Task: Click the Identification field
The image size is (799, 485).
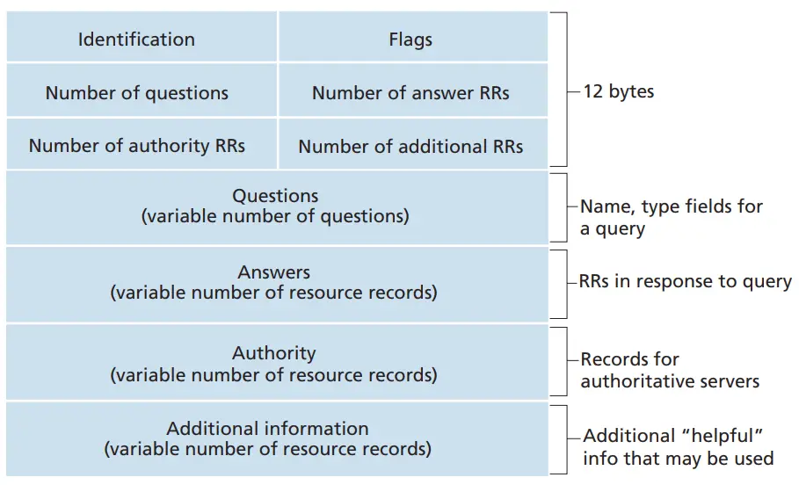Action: click(x=142, y=37)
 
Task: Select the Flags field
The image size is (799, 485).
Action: click(x=413, y=37)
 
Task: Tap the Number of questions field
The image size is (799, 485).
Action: click(x=142, y=90)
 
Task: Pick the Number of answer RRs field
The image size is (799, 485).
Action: click(x=413, y=90)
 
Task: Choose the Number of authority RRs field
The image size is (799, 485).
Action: click(x=142, y=144)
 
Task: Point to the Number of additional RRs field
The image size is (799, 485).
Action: click(x=413, y=144)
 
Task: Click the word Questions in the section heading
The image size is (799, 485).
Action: click(x=275, y=196)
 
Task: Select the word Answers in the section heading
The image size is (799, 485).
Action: click(x=274, y=272)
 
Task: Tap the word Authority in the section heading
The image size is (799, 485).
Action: click(x=274, y=353)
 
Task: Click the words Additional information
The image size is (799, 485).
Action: click(x=267, y=429)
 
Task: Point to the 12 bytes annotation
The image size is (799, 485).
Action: click(x=619, y=91)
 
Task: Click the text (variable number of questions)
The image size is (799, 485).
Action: click(x=275, y=216)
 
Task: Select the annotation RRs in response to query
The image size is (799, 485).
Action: click(x=686, y=282)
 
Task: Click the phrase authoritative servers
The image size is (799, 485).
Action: click(x=670, y=381)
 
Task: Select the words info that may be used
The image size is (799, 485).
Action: click(x=679, y=459)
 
